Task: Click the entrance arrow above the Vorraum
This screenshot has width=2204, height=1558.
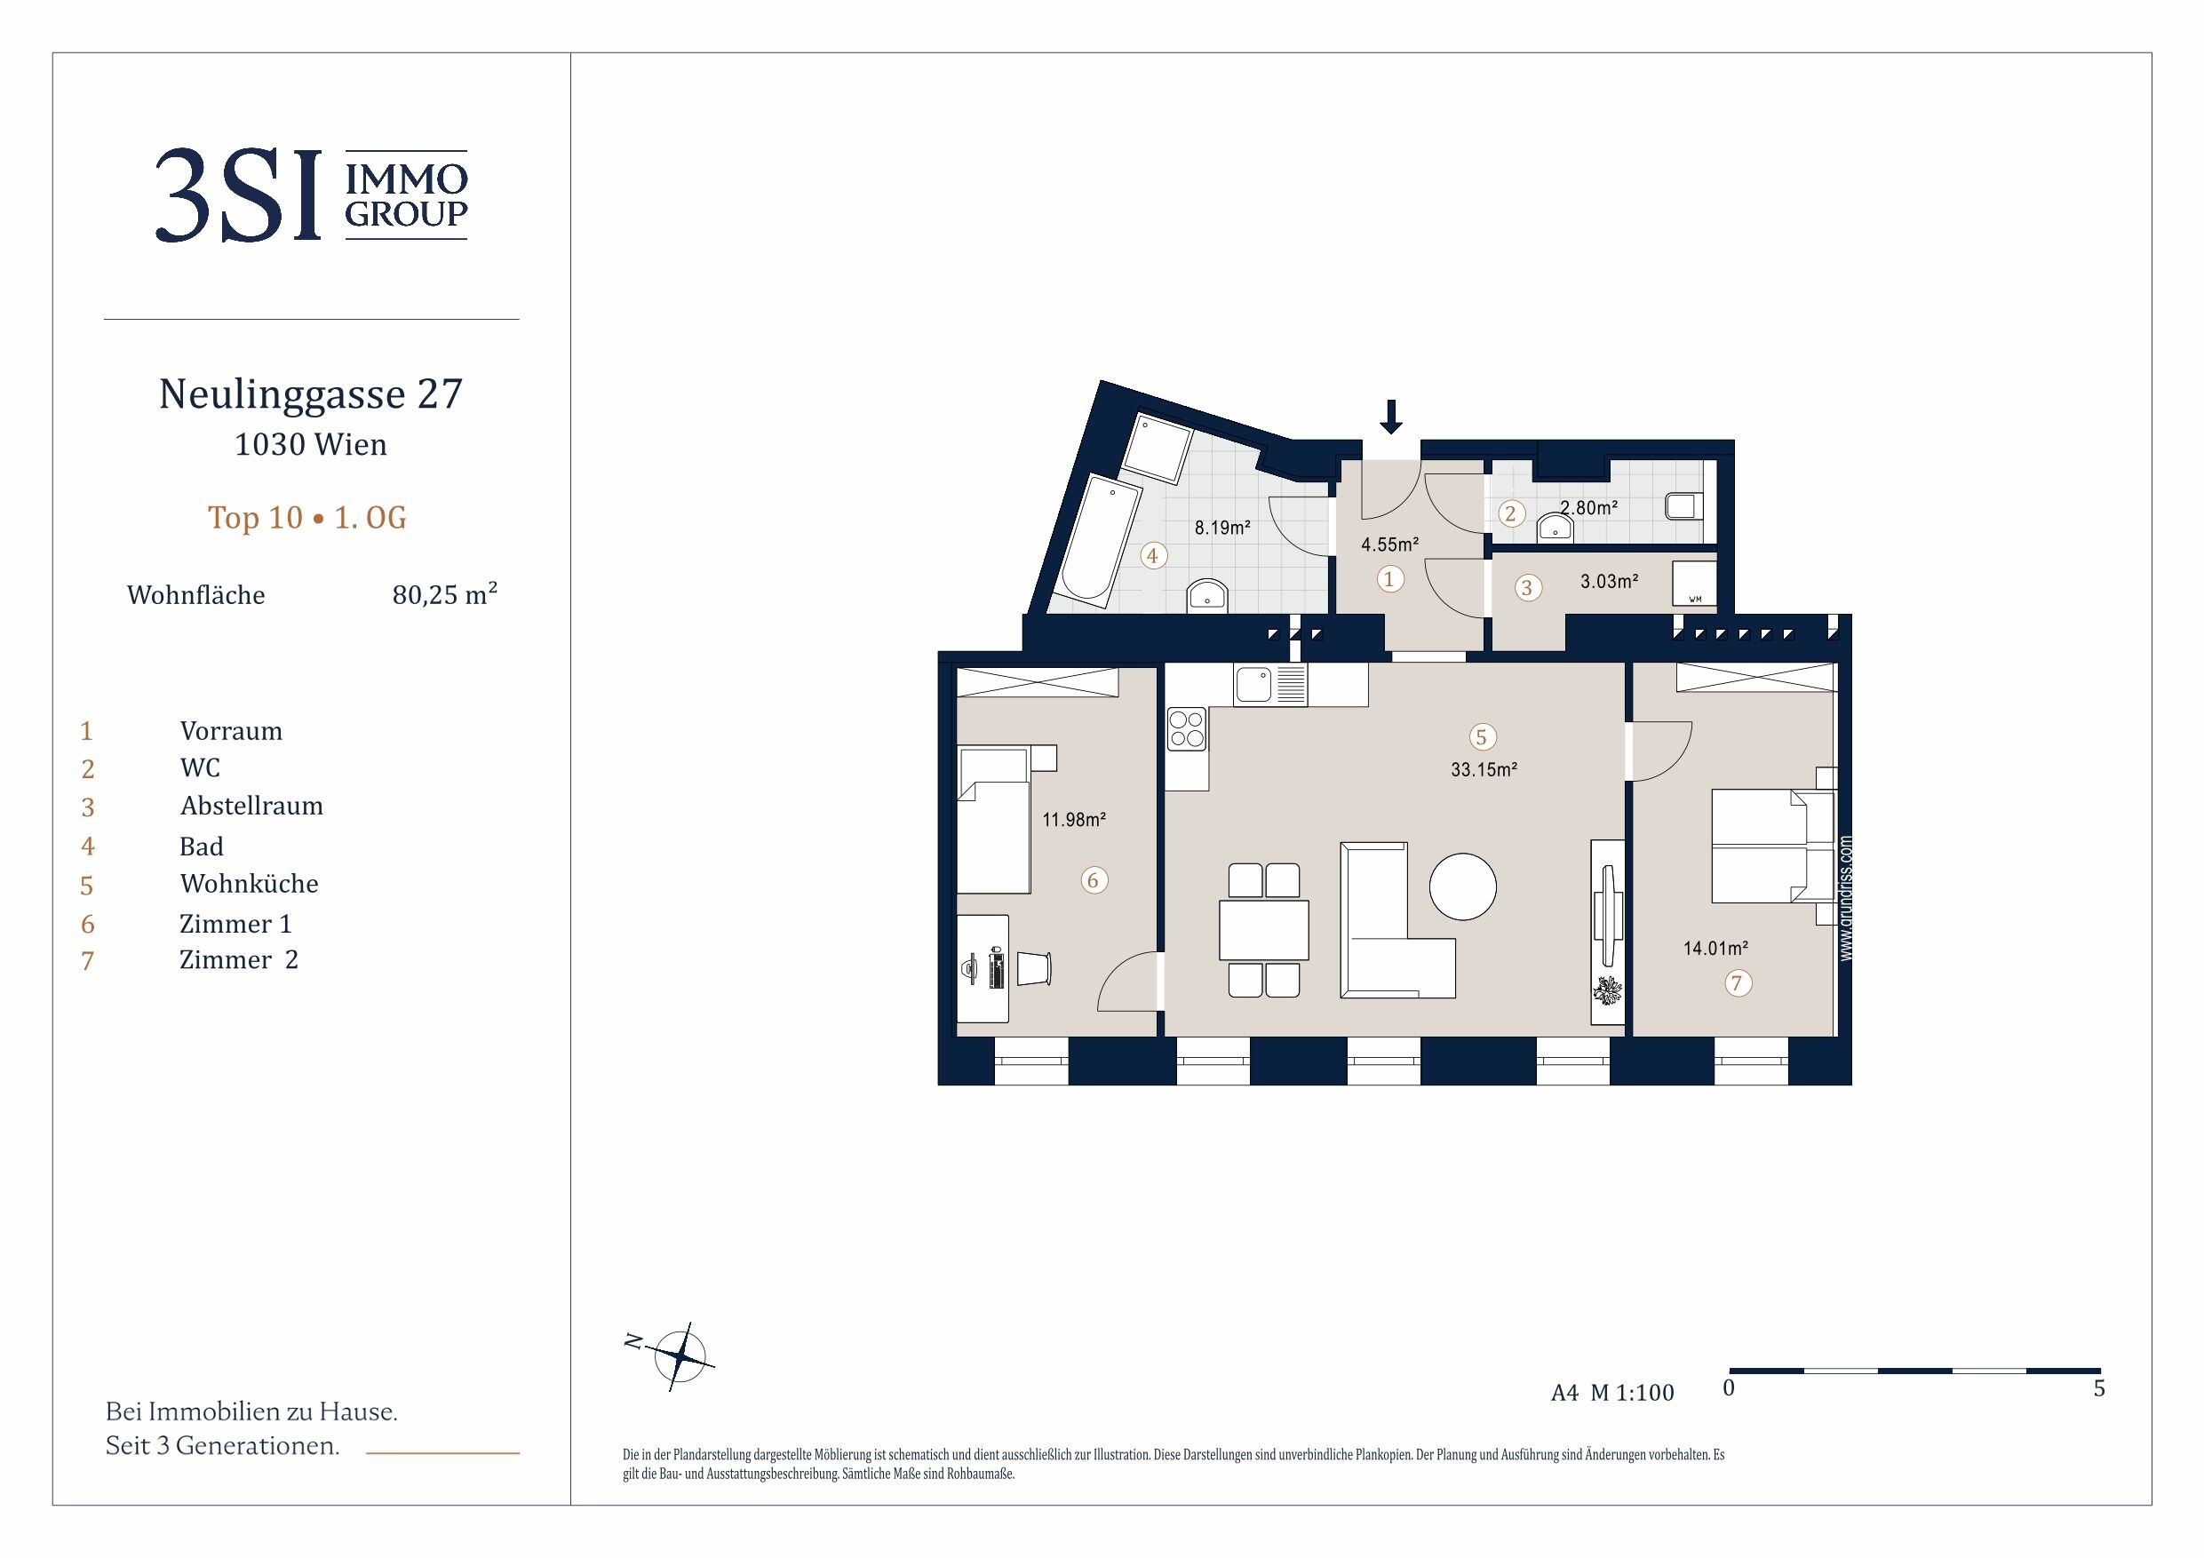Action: (x=1390, y=416)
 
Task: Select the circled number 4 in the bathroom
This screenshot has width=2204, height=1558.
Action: (x=1153, y=555)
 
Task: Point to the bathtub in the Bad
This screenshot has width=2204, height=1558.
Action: (x=1099, y=537)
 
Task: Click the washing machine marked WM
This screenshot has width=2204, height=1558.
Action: (x=1694, y=584)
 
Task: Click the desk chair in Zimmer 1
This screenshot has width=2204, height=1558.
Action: (x=1034, y=967)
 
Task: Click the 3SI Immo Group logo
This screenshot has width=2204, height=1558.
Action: (x=311, y=195)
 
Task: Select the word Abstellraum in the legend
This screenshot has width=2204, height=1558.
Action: (x=251, y=806)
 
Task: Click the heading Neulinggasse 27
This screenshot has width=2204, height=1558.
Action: (x=311, y=393)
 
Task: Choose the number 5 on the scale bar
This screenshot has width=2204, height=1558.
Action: (x=2098, y=1388)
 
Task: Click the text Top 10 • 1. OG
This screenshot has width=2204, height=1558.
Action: (x=307, y=518)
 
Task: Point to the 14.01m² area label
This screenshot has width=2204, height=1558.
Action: (x=1715, y=949)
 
